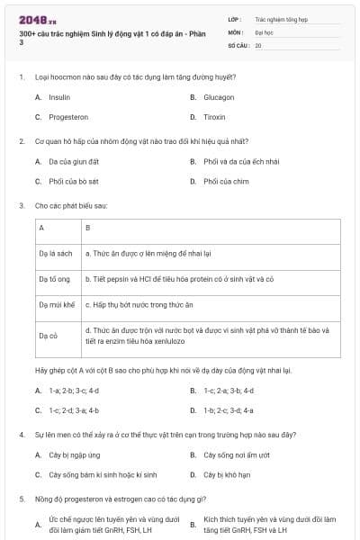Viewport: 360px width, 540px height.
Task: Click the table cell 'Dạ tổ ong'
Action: (55, 279)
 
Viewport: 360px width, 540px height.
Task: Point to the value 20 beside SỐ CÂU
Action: (258, 44)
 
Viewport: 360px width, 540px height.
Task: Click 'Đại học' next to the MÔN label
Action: (263, 31)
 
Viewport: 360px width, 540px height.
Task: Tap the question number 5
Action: (21, 498)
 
